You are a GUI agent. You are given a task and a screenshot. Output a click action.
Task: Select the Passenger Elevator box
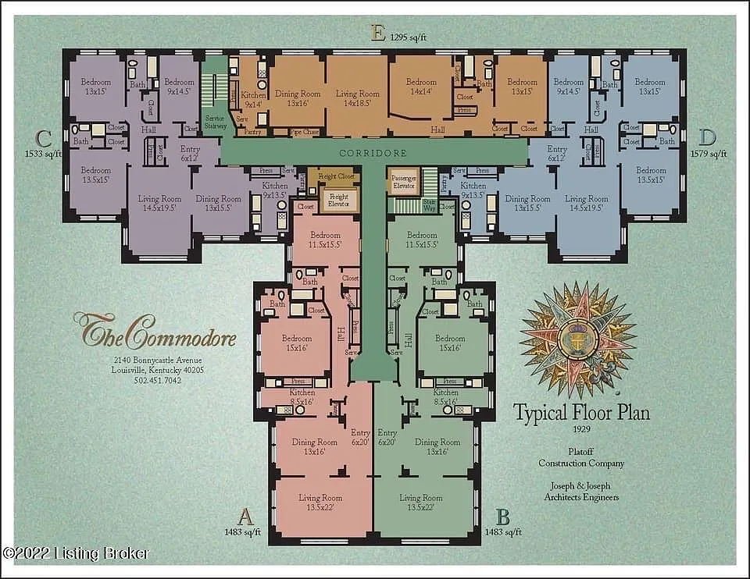(402, 183)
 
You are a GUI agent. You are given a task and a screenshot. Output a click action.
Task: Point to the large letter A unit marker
(245, 516)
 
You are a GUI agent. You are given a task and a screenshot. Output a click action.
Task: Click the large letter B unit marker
(503, 516)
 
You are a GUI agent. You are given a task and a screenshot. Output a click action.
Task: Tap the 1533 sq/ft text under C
(43, 154)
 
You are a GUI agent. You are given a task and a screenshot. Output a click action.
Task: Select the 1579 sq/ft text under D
(708, 154)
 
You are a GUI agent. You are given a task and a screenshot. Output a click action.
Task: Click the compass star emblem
(579, 339)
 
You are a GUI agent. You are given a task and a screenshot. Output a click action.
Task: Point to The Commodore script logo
(154, 332)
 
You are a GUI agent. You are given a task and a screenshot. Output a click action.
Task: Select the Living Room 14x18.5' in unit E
(357, 98)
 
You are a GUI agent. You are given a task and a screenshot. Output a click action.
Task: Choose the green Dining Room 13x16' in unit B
(437, 446)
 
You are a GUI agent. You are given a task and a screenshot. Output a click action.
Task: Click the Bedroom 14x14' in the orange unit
(421, 87)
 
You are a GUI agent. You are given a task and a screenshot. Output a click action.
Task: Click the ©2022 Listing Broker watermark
(75, 553)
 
